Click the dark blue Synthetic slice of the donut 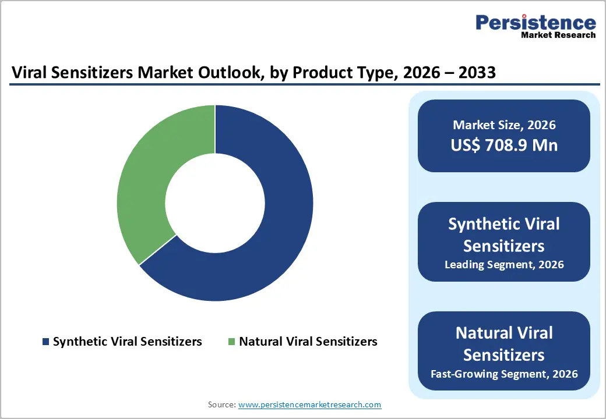click(274, 233)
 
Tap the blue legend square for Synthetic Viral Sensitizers click(45, 342)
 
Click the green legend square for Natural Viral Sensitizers click(231, 342)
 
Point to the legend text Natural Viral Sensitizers click(308, 342)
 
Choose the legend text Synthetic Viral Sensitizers click(127, 342)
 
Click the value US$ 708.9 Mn click(504, 145)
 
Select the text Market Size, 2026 click(504, 125)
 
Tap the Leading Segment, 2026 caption click(504, 265)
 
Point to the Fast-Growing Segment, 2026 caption click(504, 374)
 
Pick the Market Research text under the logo click(558, 35)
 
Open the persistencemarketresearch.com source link click(309, 404)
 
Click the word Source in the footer click(221, 404)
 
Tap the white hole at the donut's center click(215, 203)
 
